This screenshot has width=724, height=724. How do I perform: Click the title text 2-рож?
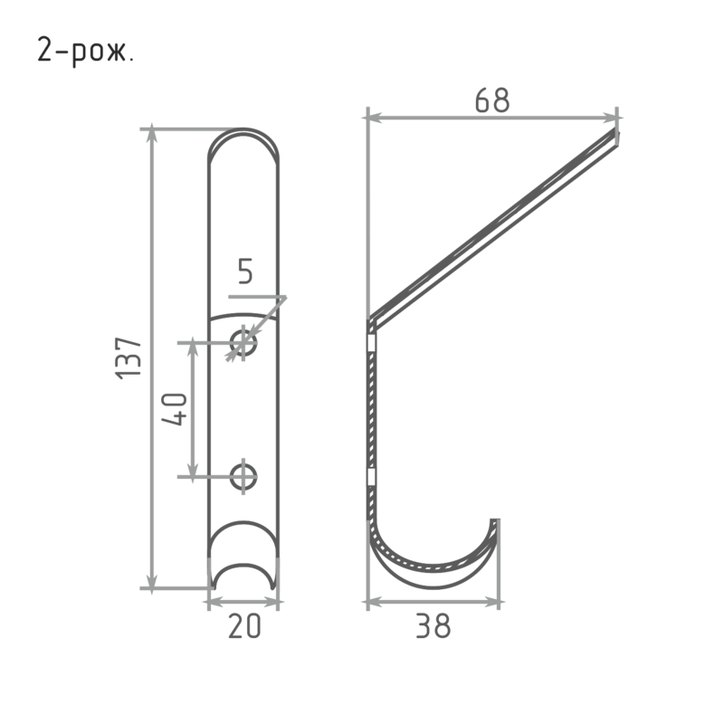[85, 51]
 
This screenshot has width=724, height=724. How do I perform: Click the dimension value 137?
[128, 358]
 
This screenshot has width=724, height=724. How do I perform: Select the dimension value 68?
[492, 100]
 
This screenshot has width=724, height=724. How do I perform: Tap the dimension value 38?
[433, 625]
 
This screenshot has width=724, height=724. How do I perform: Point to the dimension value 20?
[244, 626]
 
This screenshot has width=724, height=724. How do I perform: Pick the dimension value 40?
[175, 409]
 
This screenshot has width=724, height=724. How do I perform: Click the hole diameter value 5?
[245, 271]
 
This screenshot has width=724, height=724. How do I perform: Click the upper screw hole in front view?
[243, 343]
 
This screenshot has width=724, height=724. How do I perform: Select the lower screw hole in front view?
[243, 477]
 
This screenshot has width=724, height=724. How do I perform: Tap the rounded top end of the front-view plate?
[243, 130]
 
